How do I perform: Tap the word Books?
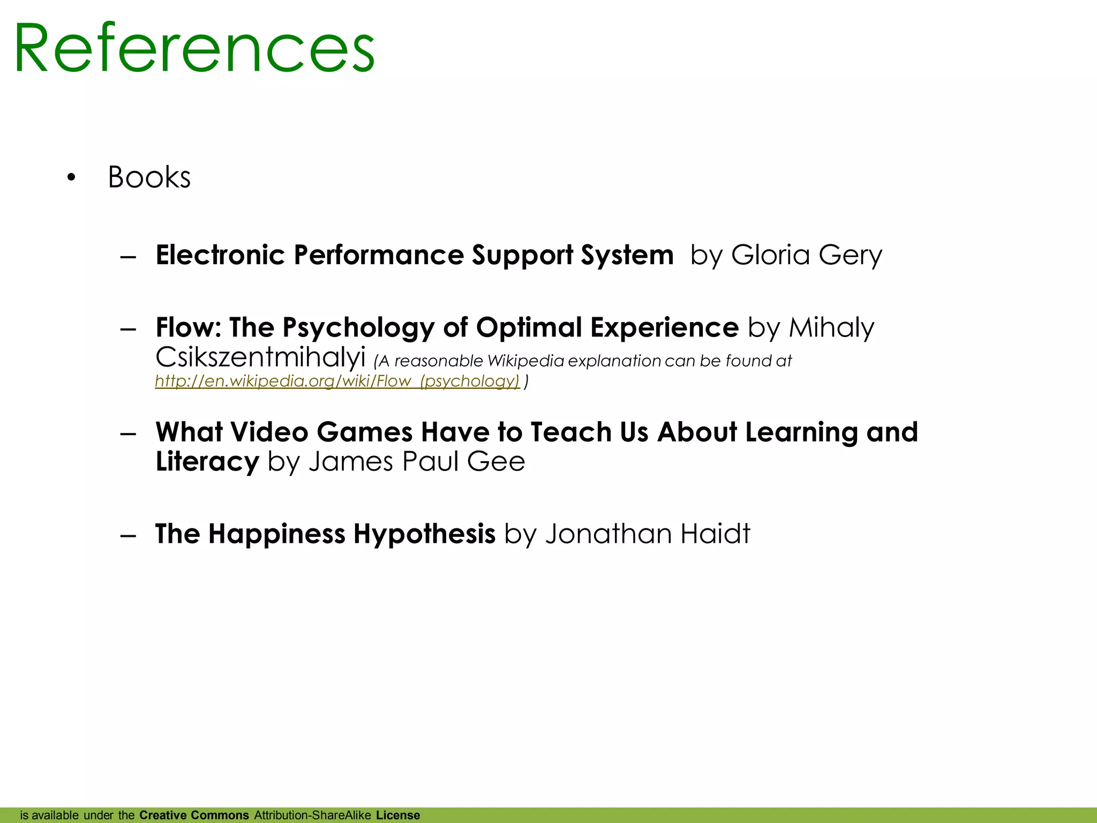click(x=149, y=177)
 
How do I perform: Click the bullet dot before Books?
click(x=71, y=177)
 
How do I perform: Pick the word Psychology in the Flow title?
click(x=358, y=328)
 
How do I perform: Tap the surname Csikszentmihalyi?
click(x=260, y=357)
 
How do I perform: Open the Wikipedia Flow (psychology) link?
click(x=337, y=381)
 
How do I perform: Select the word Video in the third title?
click(x=269, y=432)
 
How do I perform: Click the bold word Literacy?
click(x=207, y=461)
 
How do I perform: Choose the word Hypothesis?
click(x=424, y=534)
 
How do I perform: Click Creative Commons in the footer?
click(x=194, y=815)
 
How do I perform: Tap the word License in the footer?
click(x=398, y=815)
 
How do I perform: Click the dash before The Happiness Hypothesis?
click(x=129, y=535)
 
